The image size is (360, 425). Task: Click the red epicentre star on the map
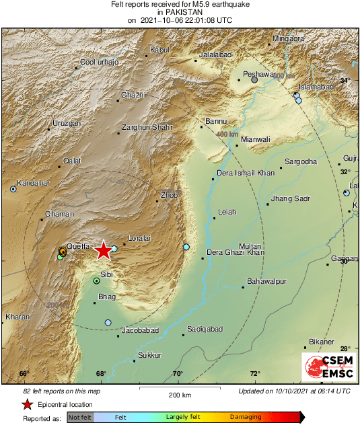[x=103, y=251]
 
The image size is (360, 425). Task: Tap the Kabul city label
[x=159, y=50]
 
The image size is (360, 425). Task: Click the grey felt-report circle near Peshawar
[x=254, y=80]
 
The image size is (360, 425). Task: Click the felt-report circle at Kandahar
[x=13, y=189]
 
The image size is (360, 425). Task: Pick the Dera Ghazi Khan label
[x=235, y=252]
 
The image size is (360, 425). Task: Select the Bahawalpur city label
[x=267, y=280]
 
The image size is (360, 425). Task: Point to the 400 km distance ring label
[x=227, y=134]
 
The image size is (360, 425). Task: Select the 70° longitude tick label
[x=178, y=374]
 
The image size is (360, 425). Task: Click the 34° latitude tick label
[x=345, y=81]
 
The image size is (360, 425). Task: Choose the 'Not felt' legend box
[x=80, y=418]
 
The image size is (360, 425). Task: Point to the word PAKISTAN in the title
[x=180, y=11]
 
